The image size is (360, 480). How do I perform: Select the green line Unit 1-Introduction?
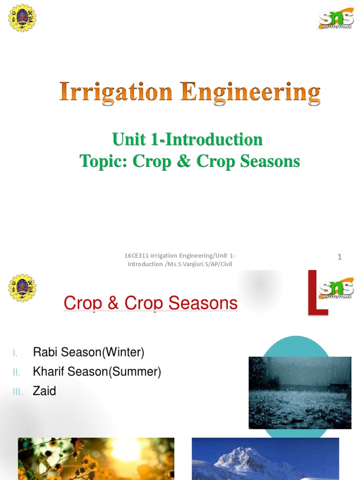(x=187, y=139)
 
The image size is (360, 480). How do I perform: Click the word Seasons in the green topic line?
(x=270, y=161)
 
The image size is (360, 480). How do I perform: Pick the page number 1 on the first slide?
(x=340, y=257)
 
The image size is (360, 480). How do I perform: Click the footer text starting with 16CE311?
(x=180, y=260)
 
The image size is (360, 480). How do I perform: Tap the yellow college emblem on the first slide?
(x=22, y=18)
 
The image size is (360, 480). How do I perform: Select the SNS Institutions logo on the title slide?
(x=336, y=19)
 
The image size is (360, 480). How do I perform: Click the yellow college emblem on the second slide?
(x=22, y=287)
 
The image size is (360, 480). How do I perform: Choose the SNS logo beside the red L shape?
(x=336, y=289)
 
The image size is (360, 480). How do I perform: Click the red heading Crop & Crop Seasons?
(x=150, y=303)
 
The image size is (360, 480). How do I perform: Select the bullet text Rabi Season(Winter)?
(x=89, y=352)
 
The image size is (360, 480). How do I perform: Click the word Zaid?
(x=45, y=391)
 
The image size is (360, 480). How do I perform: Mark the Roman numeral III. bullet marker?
(x=17, y=392)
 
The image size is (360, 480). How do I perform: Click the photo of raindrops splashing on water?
(x=300, y=392)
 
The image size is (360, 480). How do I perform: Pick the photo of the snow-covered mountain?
(x=265, y=459)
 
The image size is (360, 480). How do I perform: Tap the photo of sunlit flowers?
(x=96, y=459)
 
